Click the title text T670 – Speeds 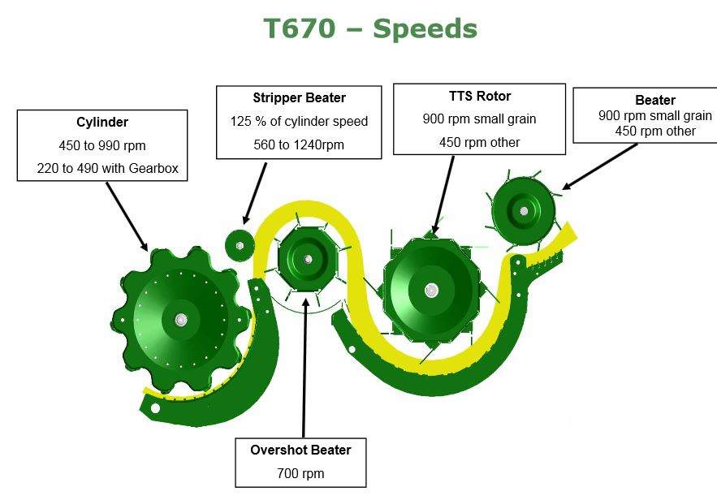point(370,28)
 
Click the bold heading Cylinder point(102,123)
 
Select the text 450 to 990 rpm point(102,145)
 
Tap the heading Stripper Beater point(299,97)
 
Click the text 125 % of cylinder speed point(299,121)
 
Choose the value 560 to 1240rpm point(299,144)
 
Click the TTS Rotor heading point(479,96)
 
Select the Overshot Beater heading point(301,450)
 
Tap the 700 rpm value point(301,472)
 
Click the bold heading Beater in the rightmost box point(655,101)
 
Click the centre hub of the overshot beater point(308,260)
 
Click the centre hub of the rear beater point(524,211)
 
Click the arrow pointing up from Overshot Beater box point(305,365)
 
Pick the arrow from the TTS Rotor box point(445,195)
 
